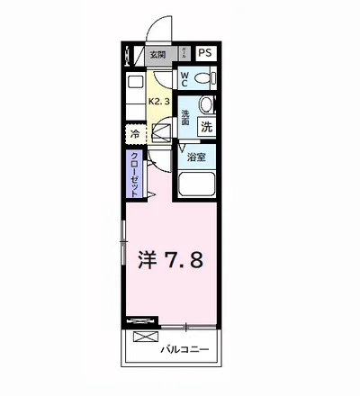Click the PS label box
pyautogui.click(x=206, y=53)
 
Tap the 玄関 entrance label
pyautogui.click(x=158, y=54)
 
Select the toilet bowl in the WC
pyautogui.click(x=202, y=78)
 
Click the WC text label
pyautogui.click(x=184, y=79)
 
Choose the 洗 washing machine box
pyautogui.click(x=206, y=129)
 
